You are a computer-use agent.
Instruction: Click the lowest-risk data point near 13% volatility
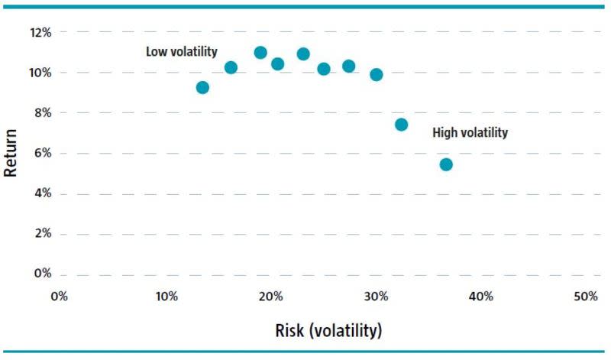click(x=202, y=87)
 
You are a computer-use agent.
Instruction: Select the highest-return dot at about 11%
click(x=260, y=53)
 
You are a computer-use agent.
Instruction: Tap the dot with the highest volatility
click(x=446, y=164)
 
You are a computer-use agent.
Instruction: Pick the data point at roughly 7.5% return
click(x=401, y=125)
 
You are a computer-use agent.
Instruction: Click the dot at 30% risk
click(x=376, y=75)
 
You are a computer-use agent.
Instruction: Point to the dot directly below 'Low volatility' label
click(x=231, y=67)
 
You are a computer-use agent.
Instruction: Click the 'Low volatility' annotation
click(x=182, y=52)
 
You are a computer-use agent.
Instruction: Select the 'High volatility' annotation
click(x=470, y=133)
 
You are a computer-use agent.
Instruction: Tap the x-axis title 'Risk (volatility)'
click(x=328, y=331)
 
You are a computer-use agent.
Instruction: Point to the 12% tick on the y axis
click(x=40, y=33)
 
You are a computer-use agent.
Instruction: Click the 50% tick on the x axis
click(x=584, y=297)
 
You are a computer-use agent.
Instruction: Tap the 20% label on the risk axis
click(x=270, y=297)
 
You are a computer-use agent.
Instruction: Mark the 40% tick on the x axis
click(x=480, y=297)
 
